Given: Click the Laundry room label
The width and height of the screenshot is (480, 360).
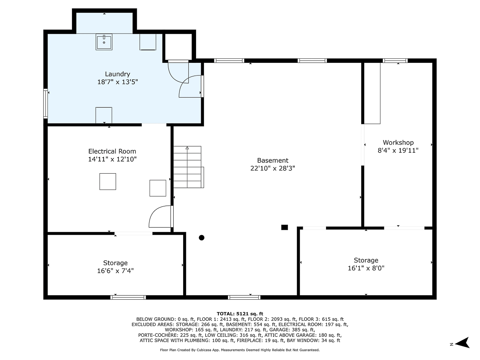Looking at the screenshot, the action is click(x=118, y=74).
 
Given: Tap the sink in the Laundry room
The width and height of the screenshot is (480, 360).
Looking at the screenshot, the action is click(x=104, y=42).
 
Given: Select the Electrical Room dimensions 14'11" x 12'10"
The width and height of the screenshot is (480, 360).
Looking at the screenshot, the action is click(x=112, y=159).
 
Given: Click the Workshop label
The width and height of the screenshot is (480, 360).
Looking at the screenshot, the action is click(x=398, y=142).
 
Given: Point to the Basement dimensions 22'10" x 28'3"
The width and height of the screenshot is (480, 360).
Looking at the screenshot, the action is click(x=272, y=168).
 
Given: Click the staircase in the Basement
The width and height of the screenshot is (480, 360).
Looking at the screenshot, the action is click(x=188, y=167).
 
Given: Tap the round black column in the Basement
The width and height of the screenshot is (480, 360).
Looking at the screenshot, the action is click(x=202, y=238).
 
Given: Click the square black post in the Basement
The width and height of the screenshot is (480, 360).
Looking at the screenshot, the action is click(x=284, y=227).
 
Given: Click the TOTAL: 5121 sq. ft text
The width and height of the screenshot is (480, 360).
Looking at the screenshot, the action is click(x=240, y=314).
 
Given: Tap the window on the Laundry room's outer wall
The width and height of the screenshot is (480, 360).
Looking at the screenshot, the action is click(x=46, y=104).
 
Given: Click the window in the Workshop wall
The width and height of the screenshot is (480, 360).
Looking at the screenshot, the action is click(x=395, y=60).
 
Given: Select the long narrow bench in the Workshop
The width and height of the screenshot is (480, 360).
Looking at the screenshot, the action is click(x=372, y=93).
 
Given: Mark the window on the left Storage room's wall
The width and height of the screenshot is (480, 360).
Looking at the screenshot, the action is click(x=128, y=297).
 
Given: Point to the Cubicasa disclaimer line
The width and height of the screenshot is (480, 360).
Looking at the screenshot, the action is click(x=240, y=350).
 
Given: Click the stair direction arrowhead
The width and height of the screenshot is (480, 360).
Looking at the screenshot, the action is click(x=187, y=148).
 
